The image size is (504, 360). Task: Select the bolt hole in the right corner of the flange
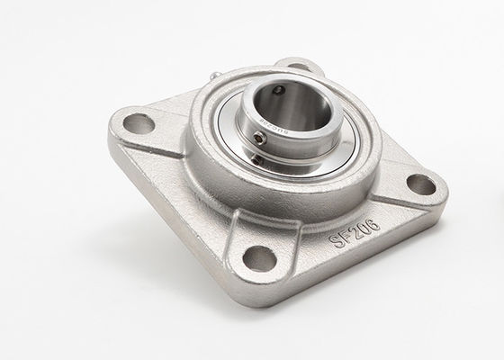click(x=419, y=184)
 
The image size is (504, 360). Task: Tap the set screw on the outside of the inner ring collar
click(x=261, y=138)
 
